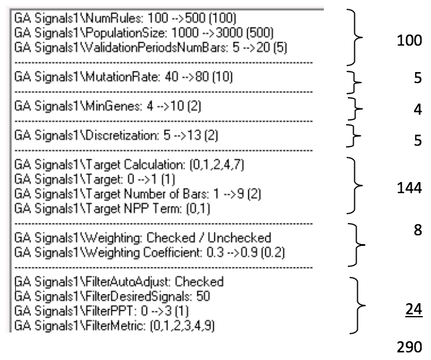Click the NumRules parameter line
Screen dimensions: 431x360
coord(125,18)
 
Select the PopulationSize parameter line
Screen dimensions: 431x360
coord(143,33)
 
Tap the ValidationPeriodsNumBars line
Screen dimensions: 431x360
coord(150,47)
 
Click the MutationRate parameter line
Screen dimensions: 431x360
coord(124,77)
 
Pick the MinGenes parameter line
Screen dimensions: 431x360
coord(108,106)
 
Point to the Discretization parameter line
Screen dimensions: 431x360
coord(116,135)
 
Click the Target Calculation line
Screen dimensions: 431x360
coord(129,164)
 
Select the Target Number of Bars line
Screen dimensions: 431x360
coord(138,194)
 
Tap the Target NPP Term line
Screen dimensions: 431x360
coord(112,208)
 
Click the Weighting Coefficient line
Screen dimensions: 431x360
coord(149,252)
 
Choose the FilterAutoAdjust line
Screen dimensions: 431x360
coord(119,282)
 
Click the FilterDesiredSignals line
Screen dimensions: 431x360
coord(112,297)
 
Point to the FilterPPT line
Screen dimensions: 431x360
coord(101,311)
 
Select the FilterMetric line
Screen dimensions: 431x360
coord(114,326)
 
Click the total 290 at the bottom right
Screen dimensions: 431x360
coord(409,347)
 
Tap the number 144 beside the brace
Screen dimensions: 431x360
coord(409,188)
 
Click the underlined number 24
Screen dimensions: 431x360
coord(413,310)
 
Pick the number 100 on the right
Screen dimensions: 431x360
coord(409,40)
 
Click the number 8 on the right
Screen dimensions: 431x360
coord(418,229)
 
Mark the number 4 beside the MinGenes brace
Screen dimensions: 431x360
coord(418,109)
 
